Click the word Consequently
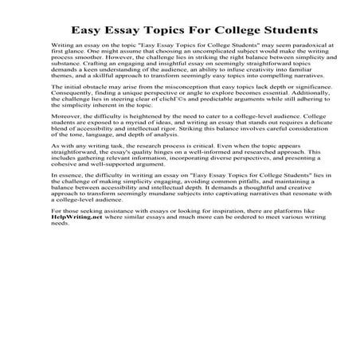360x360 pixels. tap(72, 120)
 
